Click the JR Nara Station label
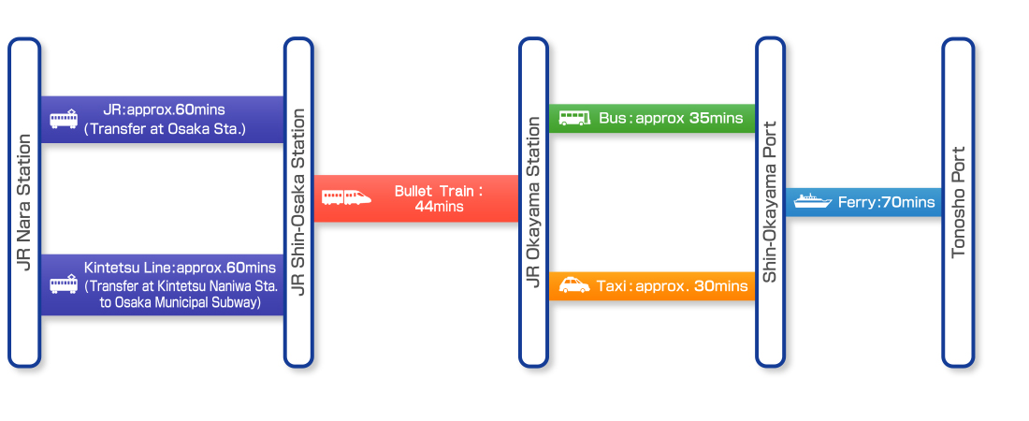point(24,202)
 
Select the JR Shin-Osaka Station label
point(298,202)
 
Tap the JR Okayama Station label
point(533,202)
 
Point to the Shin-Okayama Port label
point(771,202)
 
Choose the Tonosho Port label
point(958,202)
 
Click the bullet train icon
point(346,197)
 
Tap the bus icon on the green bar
point(574,118)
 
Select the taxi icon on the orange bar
point(574,285)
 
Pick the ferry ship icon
point(812,201)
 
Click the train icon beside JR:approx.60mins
point(64,119)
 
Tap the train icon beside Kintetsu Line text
point(64,284)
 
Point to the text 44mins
point(439,207)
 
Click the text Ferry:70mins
point(886,202)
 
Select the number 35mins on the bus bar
point(716,118)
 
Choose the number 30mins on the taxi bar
point(720,285)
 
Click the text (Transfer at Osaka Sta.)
point(165,129)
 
